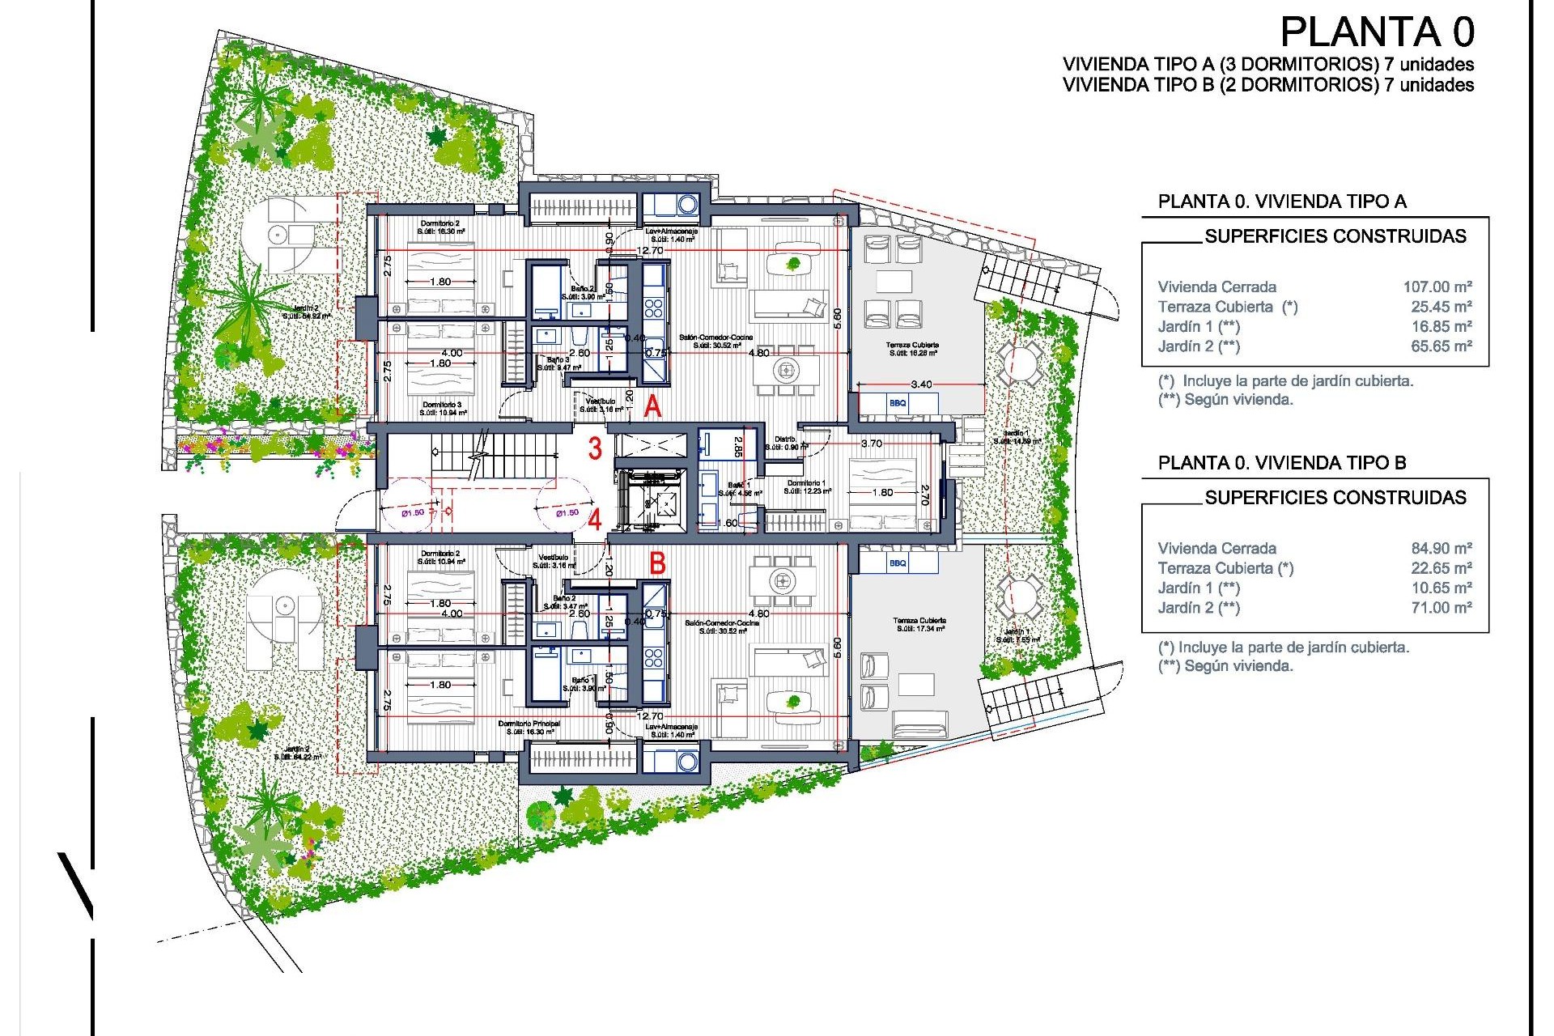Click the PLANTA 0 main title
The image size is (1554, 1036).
[1377, 33]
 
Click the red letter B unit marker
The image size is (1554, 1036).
[657, 563]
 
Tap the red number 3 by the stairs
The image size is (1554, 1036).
[595, 448]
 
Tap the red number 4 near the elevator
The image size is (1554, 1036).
[595, 519]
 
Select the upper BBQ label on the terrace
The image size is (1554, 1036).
[898, 403]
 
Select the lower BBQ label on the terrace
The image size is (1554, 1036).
[898, 563]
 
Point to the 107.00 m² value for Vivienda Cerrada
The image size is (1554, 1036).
[1437, 287]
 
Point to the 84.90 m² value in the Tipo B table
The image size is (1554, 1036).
[1441, 548]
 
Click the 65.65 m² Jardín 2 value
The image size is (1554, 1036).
[1441, 346]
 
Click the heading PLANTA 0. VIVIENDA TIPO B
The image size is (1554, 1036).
[1282, 463]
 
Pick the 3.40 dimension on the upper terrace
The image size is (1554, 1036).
[920, 384]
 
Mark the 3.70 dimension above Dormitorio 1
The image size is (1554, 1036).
[872, 444]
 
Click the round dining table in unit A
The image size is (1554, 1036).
[785, 371]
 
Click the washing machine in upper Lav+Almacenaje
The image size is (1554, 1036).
[687, 204]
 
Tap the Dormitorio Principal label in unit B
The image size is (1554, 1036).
[529, 724]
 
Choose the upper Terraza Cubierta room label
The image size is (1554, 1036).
[913, 345]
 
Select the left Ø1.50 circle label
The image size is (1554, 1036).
[413, 512]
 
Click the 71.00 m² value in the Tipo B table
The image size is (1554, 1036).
[1441, 608]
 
